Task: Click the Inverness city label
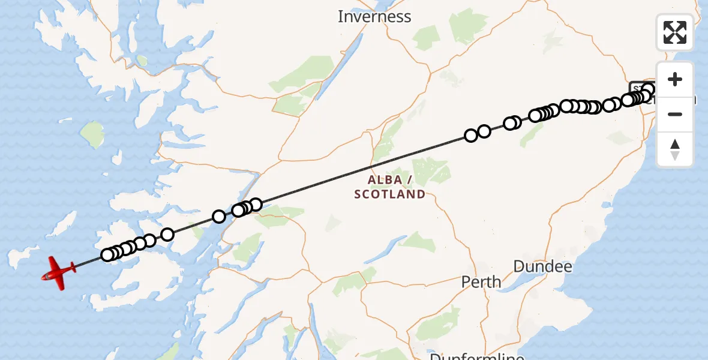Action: (x=374, y=17)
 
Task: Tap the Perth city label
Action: (x=481, y=281)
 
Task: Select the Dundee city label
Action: (x=542, y=266)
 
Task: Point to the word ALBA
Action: (x=385, y=180)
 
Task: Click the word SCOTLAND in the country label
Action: (x=389, y=194)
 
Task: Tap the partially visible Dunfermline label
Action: (x=477, y=356)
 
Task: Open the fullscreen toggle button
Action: (x=675, y=32)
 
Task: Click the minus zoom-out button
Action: (x=675, y=114)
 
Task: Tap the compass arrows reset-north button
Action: (x=675, y=149)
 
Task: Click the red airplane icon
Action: (x=59, y=272)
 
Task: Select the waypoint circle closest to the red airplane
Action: (x=107, y=255)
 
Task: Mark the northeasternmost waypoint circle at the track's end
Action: (x=648, y=90)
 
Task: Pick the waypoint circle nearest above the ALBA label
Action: (x=471, y=136)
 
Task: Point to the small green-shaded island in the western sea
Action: (x=93, y=134)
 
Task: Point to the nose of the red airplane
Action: (x=43, y=277)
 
